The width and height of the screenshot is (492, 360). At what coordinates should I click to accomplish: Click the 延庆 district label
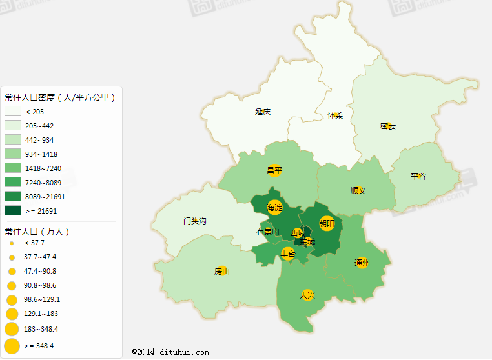(x=262, y=112)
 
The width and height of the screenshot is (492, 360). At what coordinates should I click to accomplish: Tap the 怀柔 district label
(x=334, y=115)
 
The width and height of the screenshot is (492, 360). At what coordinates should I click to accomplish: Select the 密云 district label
(x=387, y=126)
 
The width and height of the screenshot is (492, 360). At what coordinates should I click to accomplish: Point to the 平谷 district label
(x=418, y=176)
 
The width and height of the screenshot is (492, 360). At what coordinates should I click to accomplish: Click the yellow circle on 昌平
(x=275, y=170)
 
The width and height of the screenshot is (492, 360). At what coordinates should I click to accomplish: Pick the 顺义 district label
(x=358, y=190)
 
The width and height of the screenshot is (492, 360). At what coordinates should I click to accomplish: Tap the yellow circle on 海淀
(x=275, y=208)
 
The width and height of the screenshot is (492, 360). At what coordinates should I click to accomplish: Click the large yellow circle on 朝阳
(x=327, y=224)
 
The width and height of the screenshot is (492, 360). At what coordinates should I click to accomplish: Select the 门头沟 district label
(x=194, y=221)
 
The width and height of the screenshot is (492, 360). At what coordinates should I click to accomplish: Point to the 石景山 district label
(x=267, y=232)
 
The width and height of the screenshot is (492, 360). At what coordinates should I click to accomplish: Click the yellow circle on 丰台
(x=288, y=254)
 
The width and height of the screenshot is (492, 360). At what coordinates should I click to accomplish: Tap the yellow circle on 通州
(x=362, y=263)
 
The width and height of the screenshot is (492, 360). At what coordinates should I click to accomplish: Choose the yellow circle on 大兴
(x=307, y=295)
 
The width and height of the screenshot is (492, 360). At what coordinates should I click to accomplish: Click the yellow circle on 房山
(x=222, y=271)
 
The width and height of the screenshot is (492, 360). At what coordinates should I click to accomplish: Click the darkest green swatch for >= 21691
(x=13, y=210)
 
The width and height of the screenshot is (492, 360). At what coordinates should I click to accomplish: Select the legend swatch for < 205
(x=13, y=112)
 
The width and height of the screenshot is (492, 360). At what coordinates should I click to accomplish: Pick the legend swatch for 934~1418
(x=13, y=154)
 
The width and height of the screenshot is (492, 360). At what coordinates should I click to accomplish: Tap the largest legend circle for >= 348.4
(x=12, y=346)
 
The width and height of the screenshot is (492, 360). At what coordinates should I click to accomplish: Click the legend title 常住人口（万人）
(x=37, y=231)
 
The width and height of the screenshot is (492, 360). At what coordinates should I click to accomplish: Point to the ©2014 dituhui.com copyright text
(x=170, y=352)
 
